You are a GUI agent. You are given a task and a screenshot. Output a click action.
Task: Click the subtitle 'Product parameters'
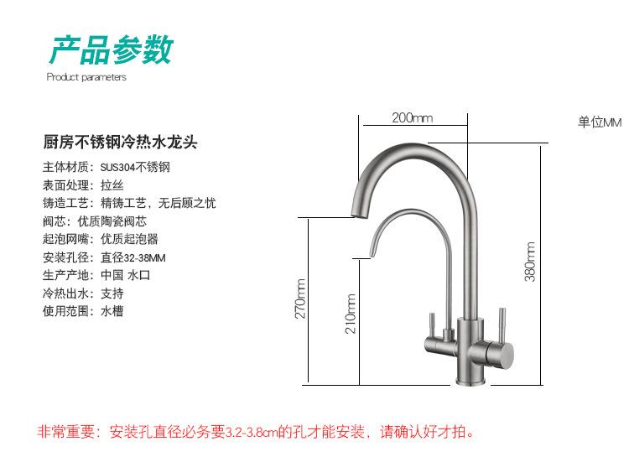[86, 77]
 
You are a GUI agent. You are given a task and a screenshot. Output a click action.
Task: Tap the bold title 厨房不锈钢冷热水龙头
[120, 142]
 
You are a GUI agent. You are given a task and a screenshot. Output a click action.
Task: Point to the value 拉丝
[112, 184]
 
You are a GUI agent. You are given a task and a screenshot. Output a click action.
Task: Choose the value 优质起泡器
[123, 239]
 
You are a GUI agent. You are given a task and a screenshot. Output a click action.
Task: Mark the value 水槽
[112, 311]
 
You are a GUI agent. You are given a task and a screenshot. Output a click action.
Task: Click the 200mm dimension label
[412, 118]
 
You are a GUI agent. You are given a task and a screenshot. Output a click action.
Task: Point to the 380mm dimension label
[530, 262]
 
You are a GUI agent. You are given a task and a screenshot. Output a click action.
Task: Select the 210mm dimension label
[351, 314]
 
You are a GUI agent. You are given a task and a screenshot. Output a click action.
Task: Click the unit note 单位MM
[600, 122]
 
